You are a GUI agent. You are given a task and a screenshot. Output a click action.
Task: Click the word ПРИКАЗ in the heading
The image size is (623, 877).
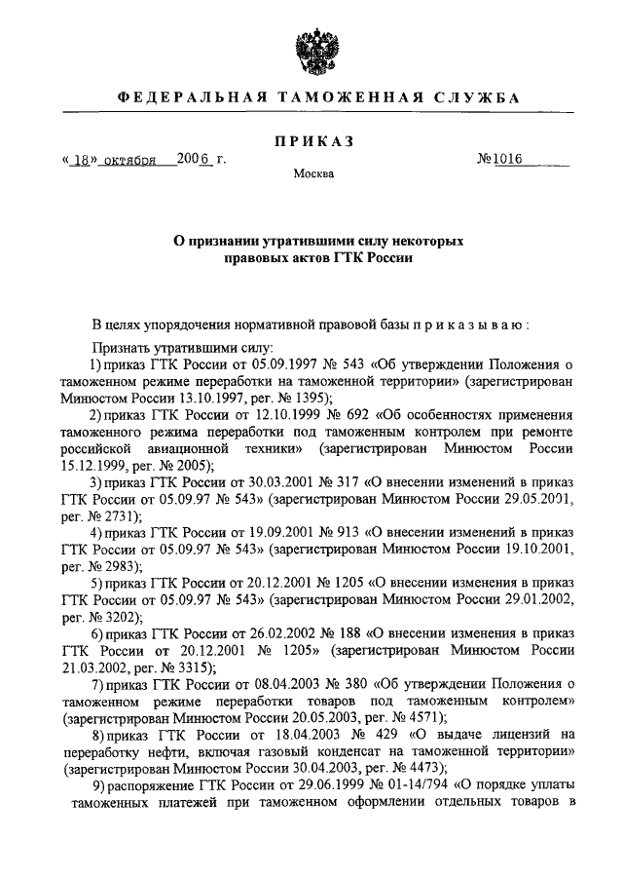[x=311, y=141]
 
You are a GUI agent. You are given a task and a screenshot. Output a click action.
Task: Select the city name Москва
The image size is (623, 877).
[x=312, y=176]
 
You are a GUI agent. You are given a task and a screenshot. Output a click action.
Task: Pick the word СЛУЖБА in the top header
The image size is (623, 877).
[x=462, y=98]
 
